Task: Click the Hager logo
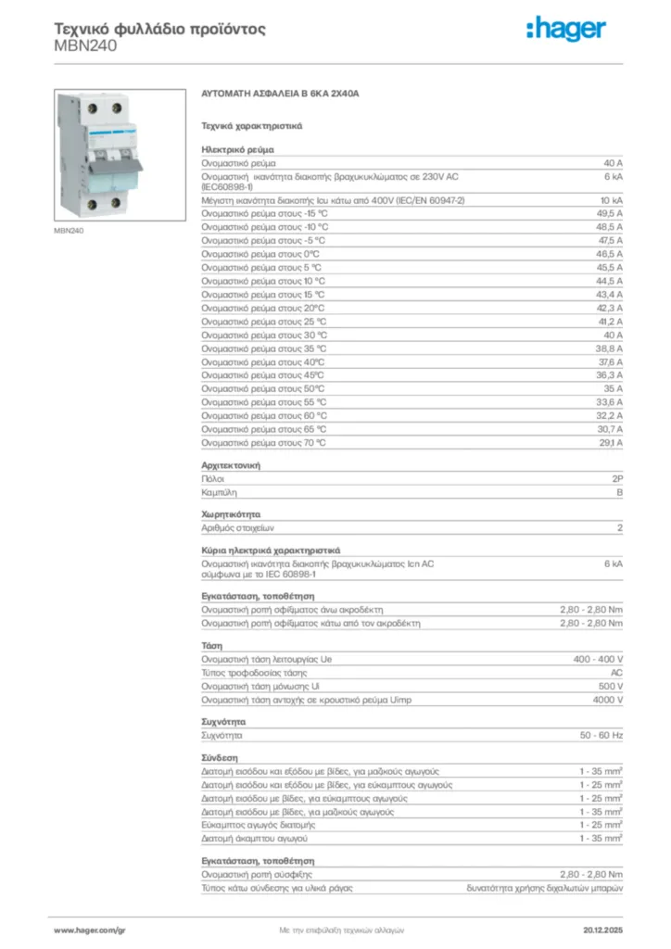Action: click(568, 30)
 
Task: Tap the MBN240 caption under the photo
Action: click(70, 231)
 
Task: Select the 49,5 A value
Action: click(608, 213)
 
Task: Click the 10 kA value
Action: click(611, 200)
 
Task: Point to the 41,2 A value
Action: click(608, 321)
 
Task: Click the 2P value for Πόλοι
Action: click(616, 478)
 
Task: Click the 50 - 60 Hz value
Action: click(601, 735)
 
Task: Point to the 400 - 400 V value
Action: click(599, 660)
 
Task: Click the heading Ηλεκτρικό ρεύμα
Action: click(236, 148)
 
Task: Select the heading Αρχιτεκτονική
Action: click(230, 464)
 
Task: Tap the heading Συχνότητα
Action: click(223, 721)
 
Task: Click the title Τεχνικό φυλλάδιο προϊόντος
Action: click(159, 29)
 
